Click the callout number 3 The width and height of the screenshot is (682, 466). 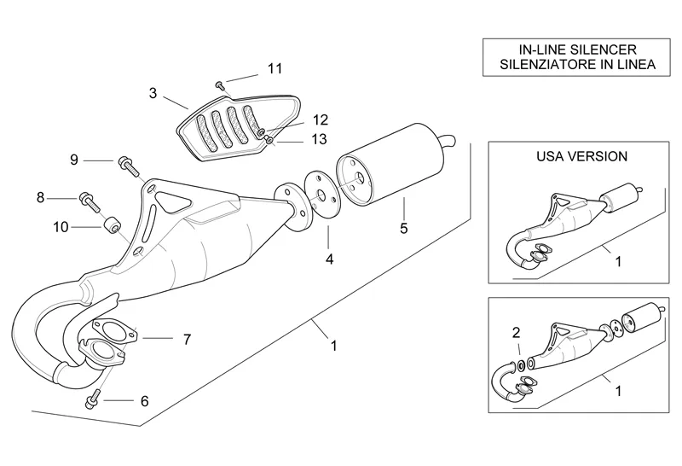coord(153,93)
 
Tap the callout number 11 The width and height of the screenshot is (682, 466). coord(274,68)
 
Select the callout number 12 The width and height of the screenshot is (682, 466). coord(296,120)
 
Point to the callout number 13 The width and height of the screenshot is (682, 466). coord(296,139)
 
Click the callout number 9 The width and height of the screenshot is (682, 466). coord(74,160)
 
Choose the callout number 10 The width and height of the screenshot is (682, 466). coord(60,227)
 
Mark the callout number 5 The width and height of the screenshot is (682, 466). coord(404,229)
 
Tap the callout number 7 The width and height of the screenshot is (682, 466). coord(187,339)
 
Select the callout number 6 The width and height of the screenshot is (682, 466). coord(144,400)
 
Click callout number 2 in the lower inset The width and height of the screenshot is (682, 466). coord(515,332)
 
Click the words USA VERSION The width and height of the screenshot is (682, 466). coord(581,157)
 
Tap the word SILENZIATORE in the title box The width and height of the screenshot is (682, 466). coord(539,64)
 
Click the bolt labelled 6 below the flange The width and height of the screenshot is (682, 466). coord(91,398)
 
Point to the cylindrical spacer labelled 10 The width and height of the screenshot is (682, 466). coord(109,227)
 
